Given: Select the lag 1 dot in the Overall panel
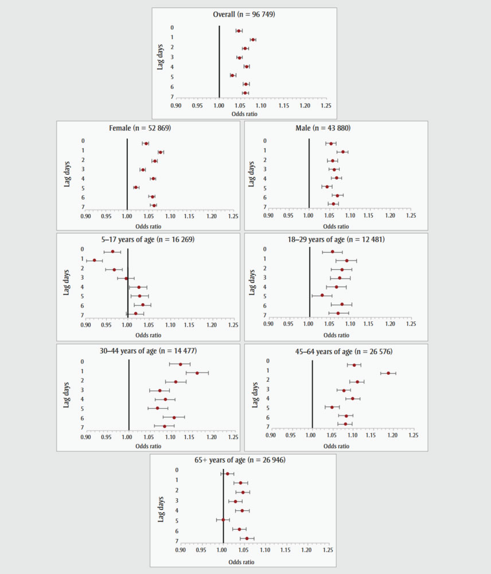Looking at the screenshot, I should pyautogui.click(x=253, y=40).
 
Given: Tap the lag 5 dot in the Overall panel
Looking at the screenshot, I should pyautogui.click(x=232, y=75).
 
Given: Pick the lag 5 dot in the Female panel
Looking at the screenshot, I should pyautogui.click(x=136, y=187).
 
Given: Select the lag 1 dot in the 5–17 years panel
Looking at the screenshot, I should pyautogui.click(x=95, y=261).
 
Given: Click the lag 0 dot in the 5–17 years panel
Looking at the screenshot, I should pyautogui.click(x=112, y=251).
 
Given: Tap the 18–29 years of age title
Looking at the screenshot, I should pyautogui.click(x=338, y=239).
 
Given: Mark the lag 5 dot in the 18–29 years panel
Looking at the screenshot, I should pyautogui.click(x=322, y=295).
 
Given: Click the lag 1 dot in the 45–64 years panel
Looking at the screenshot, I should pyautogui.click(x=388, y=373).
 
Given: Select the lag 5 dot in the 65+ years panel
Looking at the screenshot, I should pyautogui.click(x=223, y=519).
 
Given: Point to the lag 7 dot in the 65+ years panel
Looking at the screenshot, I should pyautogui.click(x=247, y=538).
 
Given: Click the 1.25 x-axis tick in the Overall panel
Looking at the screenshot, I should pyautogui.click(x=326, y=106).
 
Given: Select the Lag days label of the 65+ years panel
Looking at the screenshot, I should pyautogui.click(x=162, y=505).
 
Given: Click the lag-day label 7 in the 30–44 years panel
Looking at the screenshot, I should pyautogui.click(x=83, y=428).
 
